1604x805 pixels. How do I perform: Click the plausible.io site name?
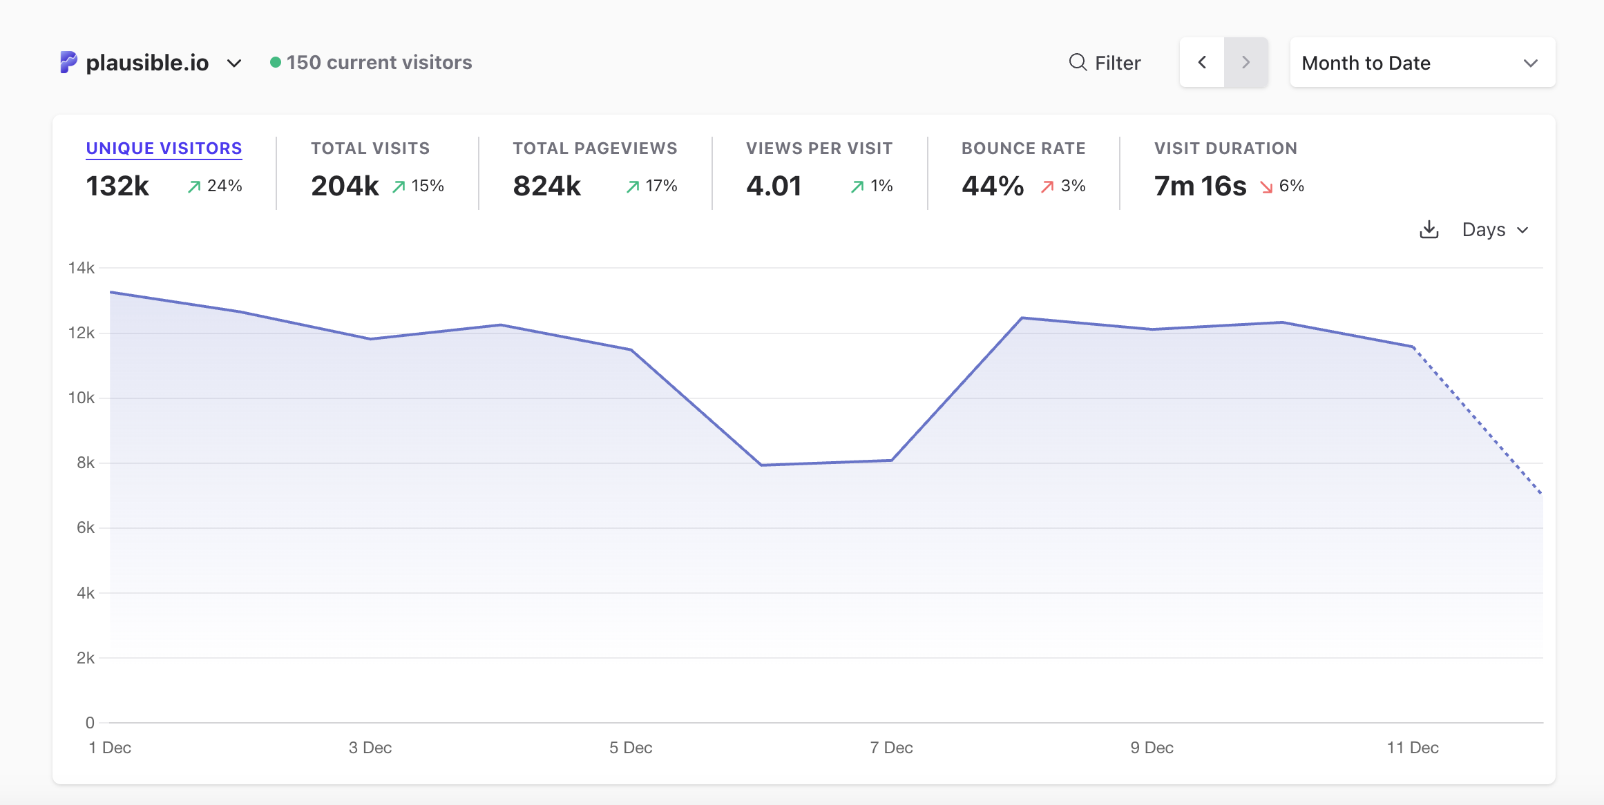(147, 63)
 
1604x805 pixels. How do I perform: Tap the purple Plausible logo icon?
(68, 62)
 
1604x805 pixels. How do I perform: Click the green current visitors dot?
(275, 62)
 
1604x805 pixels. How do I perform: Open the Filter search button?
(1105, 63)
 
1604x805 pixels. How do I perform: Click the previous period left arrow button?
(1202, 63)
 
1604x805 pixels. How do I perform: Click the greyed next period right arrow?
(1245, 63)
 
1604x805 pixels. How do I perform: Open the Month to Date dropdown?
(1422, 63)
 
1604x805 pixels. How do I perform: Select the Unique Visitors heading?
(164, 148)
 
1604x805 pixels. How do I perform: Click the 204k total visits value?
(345, 186)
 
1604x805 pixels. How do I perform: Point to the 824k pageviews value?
(546, 186)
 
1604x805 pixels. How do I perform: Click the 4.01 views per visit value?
(774, 186)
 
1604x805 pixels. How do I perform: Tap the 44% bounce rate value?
(993, 186)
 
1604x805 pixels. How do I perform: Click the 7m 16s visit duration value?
(1200, 186)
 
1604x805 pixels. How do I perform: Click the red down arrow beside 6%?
(1266, 187)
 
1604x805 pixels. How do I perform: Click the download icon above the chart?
(1429, 230)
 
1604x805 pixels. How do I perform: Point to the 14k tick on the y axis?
(82, 268)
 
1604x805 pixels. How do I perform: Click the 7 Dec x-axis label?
(891, 748)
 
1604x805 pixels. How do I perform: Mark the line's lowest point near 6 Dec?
(761, 465)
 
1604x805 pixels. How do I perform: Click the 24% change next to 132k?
(224, 186)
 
